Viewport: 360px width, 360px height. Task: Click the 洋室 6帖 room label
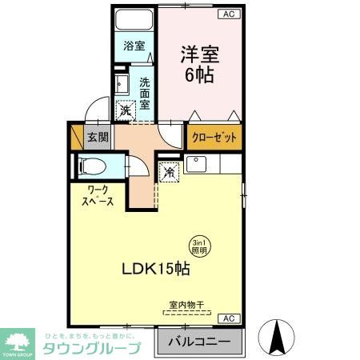199,65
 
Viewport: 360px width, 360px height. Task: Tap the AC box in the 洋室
228,14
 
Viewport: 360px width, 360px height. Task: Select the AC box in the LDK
229,318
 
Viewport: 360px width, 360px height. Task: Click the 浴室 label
134,46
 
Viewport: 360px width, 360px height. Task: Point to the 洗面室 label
145,92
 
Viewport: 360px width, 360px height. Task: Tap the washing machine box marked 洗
126,112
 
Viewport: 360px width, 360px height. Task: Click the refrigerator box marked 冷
170,171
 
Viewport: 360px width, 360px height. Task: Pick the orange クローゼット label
214,138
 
